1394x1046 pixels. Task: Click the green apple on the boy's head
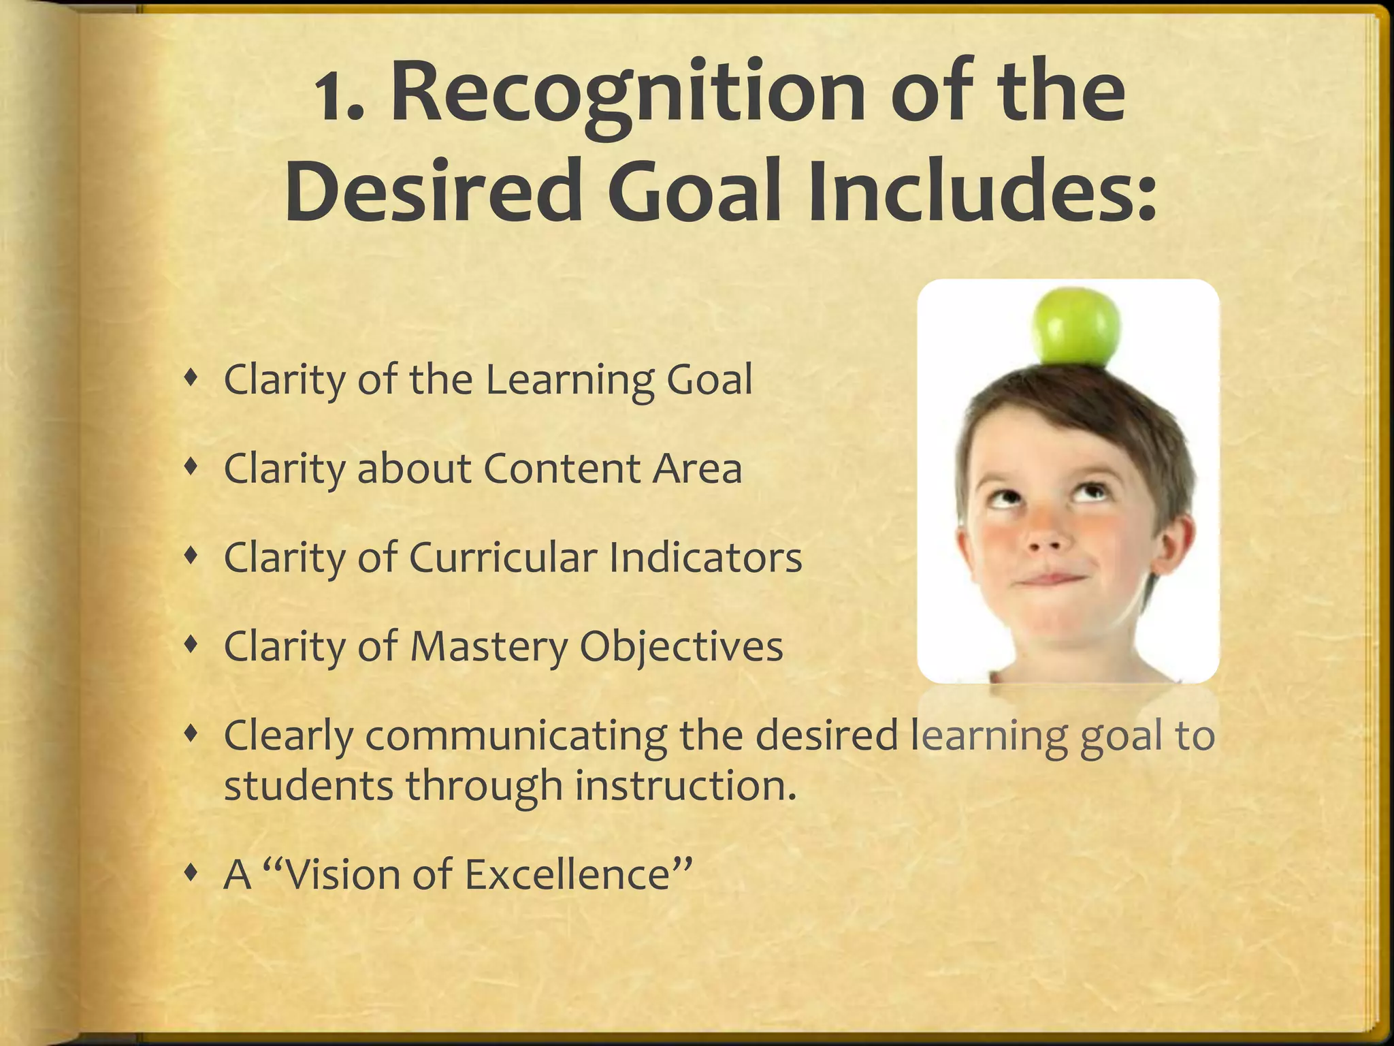coord(1076,327)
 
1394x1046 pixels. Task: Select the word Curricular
coord(503,558)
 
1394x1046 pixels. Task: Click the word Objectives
coord(681,646)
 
